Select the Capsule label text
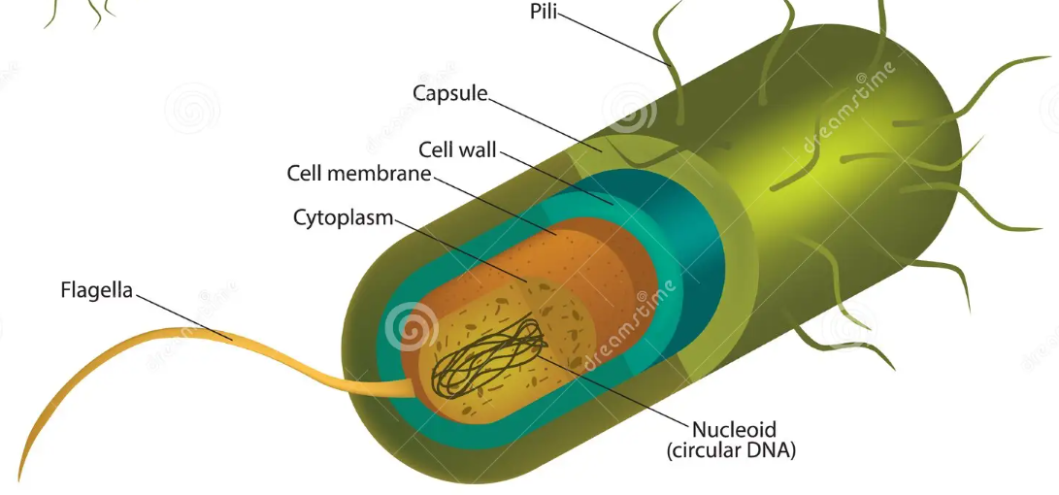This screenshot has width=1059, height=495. click(x=449, y=93)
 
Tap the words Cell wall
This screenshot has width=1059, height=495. click(x=457, y=150)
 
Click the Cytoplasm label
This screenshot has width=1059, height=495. click(x=344, y=216)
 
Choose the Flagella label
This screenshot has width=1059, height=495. click(x=95, y=288)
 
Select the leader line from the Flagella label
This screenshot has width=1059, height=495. click(x=184, y=313)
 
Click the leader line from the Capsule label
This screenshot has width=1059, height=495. click(x=544, y=122)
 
